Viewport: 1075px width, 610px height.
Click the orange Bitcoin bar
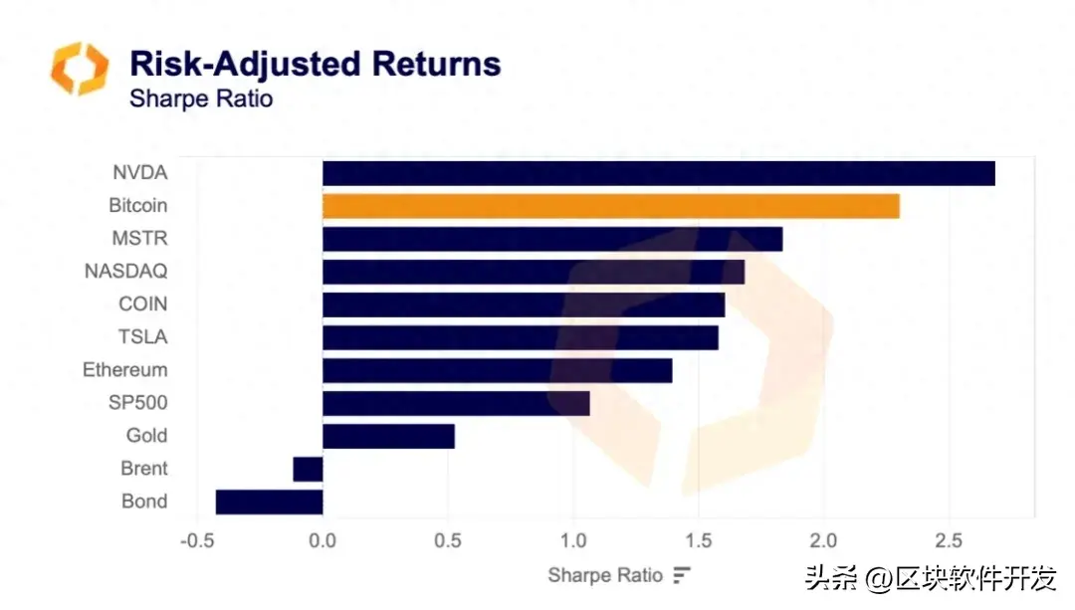coord(610,206)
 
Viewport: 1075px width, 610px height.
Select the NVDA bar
coord(658,173)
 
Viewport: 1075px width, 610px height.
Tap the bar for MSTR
coord(552,239)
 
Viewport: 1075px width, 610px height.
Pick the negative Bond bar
coord(269,502)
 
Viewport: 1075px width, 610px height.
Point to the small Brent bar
coord(308,469)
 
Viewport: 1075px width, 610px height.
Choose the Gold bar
coord(388,436)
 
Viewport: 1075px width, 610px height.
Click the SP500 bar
coord(456,403)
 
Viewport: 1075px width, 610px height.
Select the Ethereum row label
coord(124,370)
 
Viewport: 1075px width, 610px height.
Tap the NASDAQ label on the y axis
coord(125,271)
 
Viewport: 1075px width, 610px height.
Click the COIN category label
coord(142,304)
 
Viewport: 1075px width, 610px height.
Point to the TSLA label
coord(142,336)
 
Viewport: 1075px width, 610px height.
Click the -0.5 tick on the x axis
coord(198,541)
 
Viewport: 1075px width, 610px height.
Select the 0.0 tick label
coord(322,541)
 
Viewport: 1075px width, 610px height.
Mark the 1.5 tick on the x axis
coord(699,541)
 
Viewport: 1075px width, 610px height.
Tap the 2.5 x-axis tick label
coord(949,541)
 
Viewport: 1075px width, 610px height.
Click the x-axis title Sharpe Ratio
coord(604,575)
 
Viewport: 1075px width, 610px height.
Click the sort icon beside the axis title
coord(682,575)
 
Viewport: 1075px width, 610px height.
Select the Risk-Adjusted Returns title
coord(316,64)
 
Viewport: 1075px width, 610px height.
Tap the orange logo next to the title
coord(80,69)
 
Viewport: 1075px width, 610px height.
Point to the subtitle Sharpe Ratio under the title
coord(200,100)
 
